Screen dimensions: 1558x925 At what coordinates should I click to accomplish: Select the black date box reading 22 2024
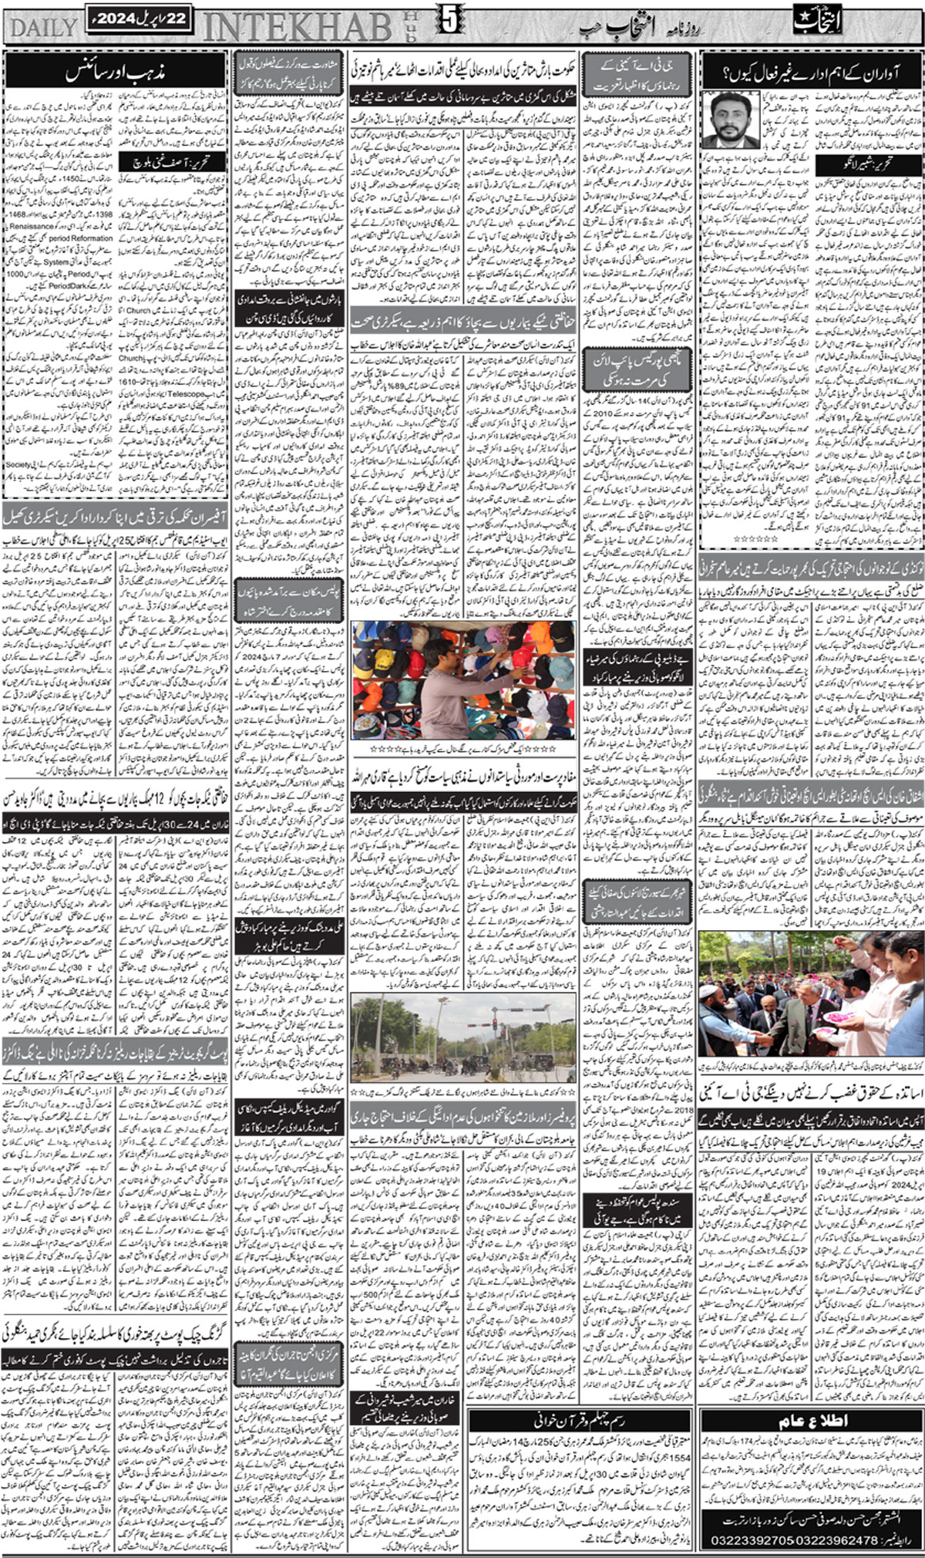pos(139,19)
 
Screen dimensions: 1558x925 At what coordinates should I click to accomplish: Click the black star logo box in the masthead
pos(819,21)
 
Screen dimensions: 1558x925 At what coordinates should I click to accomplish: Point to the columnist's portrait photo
pos(728,120)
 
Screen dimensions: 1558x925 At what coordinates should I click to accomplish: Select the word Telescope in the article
pos(185,393)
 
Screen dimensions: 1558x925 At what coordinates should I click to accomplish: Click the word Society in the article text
pos(18,465)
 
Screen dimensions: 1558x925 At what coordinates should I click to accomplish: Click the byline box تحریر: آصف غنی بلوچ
pos(173,162)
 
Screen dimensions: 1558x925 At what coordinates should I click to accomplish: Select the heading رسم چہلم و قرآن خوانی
pos(580,1400)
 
